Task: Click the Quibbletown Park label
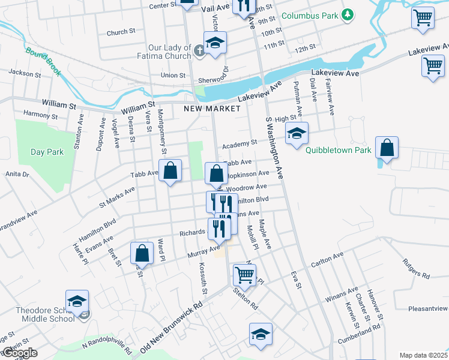tap(338, 151)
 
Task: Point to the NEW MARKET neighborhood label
tap(212, 109)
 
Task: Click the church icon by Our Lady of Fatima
tap(200, 52)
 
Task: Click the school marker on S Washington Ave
tap(297, 134)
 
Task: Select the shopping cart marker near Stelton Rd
tap(244, 275)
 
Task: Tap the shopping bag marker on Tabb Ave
tap(170, 170)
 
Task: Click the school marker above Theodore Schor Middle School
tap(77, 301)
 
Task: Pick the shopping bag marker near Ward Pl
tap(142, 253)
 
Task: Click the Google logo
tap(19, 353)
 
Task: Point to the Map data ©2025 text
tap(423, 355)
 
